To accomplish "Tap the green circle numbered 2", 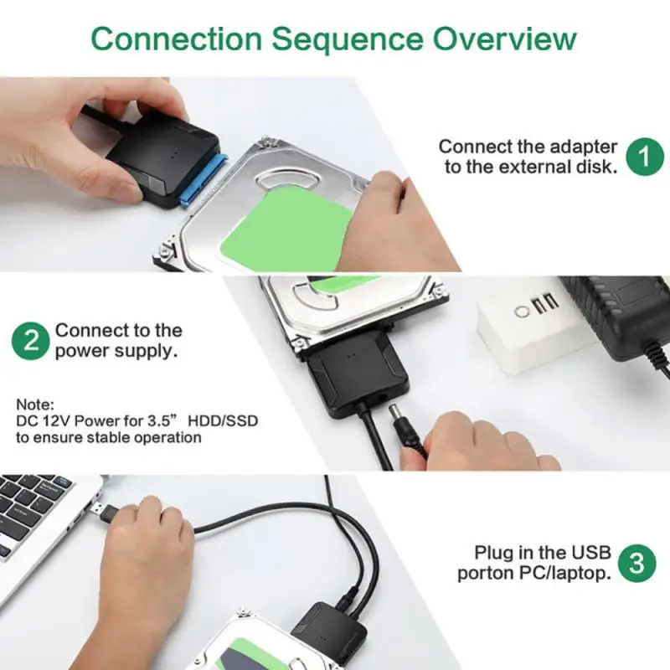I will pos(30,341).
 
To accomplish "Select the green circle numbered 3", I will pos(637,563).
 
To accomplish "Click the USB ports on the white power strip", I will pos(544,303).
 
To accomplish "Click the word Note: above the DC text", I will pos(34,403).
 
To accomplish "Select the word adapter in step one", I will pos(583,147).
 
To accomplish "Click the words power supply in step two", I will pos(116,351).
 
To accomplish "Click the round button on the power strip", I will pos(523,311).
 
